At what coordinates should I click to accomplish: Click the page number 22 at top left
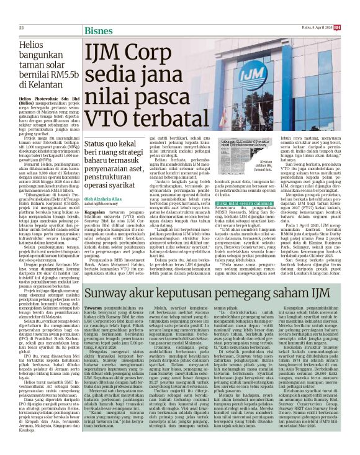click(21, 10)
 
